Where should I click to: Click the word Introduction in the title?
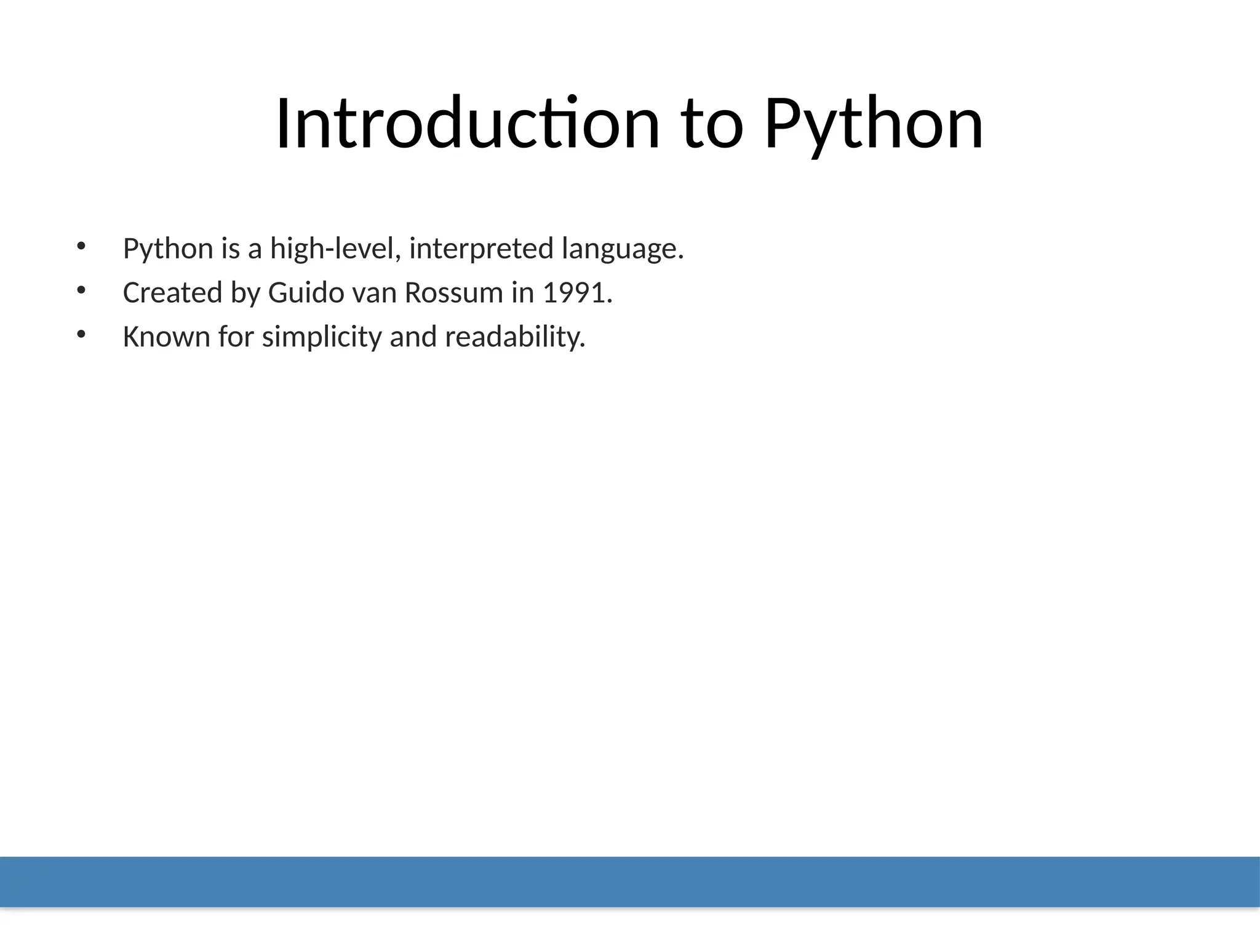(x=468, y=124)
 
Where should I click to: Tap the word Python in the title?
(x=874, y=124)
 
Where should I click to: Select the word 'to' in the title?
(x=712, y=124)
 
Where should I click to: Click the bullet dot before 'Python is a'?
(x=81, y=246)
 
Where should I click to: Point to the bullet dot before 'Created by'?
(x=81, y=290)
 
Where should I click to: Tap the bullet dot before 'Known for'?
(x=81, y=334)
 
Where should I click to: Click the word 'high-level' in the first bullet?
(x=335, y=249)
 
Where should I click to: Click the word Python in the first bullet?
(x=168, y=249)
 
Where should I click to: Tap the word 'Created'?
(x=172, y=293)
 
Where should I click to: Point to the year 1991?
(x=576, y=293)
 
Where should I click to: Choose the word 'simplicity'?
(x=322, y=337)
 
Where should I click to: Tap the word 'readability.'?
(x=515, y=337)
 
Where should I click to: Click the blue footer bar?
(x=630, y=881)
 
